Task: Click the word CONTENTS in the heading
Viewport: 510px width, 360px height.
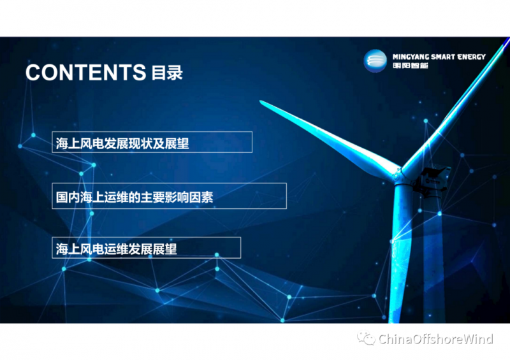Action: coord(86,72)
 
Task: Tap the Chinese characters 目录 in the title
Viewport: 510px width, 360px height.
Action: coord(167,73)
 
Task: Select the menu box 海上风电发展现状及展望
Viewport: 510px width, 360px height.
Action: coord(152,142)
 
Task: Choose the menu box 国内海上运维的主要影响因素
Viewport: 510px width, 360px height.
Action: coord(169,196)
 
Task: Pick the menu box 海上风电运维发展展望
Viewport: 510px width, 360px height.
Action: coord(147,248)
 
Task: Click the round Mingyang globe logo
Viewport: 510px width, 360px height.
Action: coord(375,61)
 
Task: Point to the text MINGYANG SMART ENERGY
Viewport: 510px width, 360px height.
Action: coord(439,57)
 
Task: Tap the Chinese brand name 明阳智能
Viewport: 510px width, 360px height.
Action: coord(410,66)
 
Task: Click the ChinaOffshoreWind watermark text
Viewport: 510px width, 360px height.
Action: coord(436,339)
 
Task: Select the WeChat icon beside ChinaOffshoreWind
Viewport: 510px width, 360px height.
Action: coord(366,338)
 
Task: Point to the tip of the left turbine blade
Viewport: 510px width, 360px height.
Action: coord(261,101)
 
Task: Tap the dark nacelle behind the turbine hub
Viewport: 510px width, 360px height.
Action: coord(433,182)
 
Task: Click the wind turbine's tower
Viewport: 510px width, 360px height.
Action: coord(400,254)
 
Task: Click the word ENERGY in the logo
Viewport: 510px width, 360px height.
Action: coord(471,57)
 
